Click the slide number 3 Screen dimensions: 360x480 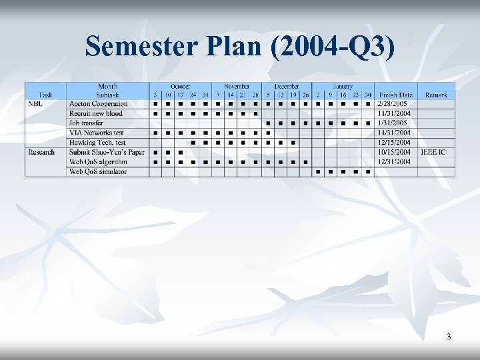(x=449, y=337)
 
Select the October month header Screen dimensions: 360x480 (x=180, y=86)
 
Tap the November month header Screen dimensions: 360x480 (x=237, y=86)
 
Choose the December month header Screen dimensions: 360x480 (x=286, y=86)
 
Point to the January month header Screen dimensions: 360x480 (x=343, y=86)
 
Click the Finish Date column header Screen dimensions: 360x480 (x=396, y=95)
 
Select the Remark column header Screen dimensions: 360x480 (x=436, y=95)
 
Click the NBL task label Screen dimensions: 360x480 (x=36, y=104)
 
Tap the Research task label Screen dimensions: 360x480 (x=41, y=152)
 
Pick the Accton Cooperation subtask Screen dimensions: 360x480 (x=98, y=104)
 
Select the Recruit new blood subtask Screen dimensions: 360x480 (x=96, y=113)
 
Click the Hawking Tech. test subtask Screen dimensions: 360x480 (x=97, y=143)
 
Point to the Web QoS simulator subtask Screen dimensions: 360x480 (x=97, y=171)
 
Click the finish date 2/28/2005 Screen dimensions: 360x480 (x=392, y=104)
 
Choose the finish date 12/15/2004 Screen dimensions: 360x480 (x=393, y=143)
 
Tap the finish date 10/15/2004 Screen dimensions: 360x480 (x=393, y=152)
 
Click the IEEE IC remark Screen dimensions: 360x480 (x=433, y=152)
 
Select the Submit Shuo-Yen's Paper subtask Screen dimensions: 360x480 (x=107, y=152)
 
